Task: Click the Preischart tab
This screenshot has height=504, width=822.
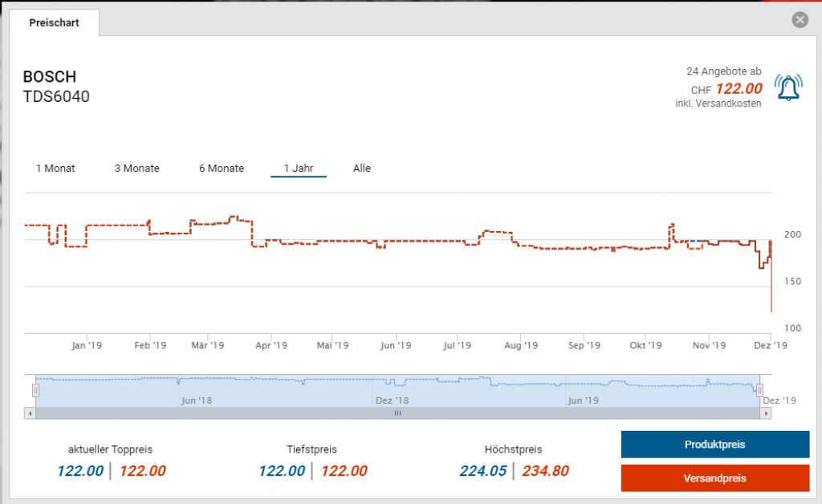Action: tap(54, 22)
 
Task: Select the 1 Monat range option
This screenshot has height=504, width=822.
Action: tap(55, 169)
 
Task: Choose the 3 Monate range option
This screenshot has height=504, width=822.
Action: tap(136, 169)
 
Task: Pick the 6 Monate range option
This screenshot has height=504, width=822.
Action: tap(222, 169)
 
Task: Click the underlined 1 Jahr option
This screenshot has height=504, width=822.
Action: tap(299, 169)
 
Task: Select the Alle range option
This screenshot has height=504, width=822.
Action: tap(362, 169)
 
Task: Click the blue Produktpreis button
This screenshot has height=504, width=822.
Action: tap(714, 445)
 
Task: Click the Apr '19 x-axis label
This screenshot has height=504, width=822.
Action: tap(271, 346)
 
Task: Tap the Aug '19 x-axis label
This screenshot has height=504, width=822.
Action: tap(520, 346)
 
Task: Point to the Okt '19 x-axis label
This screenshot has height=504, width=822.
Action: tap(645, 346)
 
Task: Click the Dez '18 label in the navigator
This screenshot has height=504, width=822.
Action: tap(392, 400)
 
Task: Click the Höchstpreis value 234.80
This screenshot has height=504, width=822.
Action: tap(545, 471)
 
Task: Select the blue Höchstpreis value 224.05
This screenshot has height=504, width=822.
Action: tap(483, 471)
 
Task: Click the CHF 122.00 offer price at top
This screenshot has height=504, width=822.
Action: tap(738, 89)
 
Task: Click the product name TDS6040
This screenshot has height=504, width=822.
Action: tap(56, 97)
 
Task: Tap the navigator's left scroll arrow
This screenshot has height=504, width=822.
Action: tap(30, 413)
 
